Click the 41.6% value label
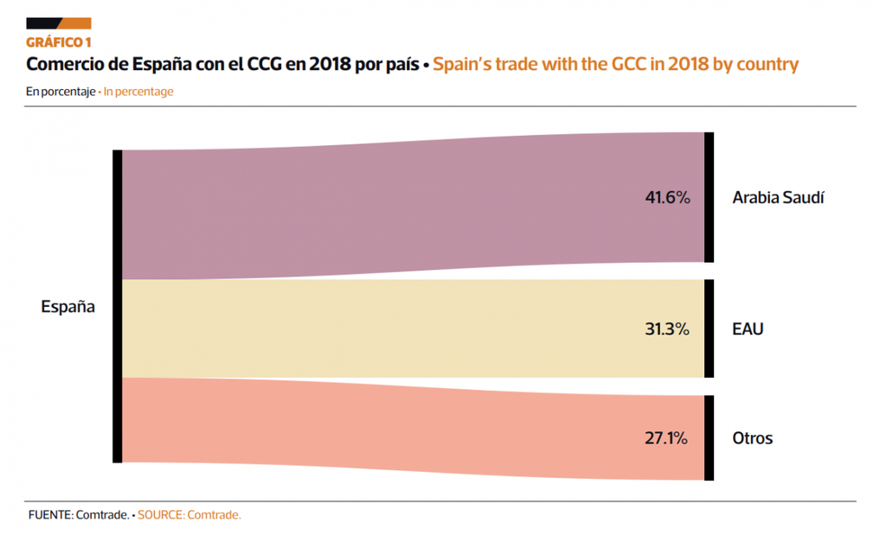coord(667,198)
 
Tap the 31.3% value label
coord(667,329)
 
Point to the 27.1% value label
coord(666,438)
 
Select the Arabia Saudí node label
coord(778,198)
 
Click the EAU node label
coord(748,329)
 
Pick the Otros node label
coord(752,438)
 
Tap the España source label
coord(67,306)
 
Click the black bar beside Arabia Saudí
coord(709,197)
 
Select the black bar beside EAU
coord(709,328)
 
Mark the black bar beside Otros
coord(709,437)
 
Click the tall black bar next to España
coord(117,306)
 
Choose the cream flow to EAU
coord(389,328)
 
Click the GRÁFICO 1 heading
coord(59,41)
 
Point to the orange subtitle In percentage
coord(138,92)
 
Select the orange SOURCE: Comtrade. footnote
coord(189,515)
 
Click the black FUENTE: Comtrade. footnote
coord(78,515)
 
